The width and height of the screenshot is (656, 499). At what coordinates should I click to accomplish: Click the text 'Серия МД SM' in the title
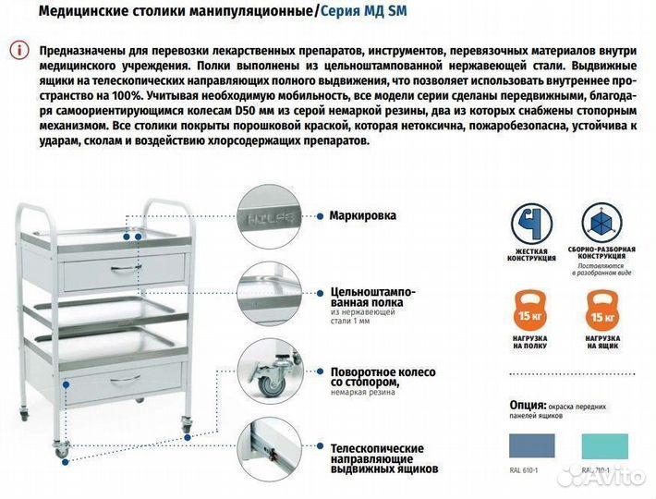(364, 12)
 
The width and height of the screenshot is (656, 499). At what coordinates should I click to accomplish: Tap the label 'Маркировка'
(362, 215)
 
